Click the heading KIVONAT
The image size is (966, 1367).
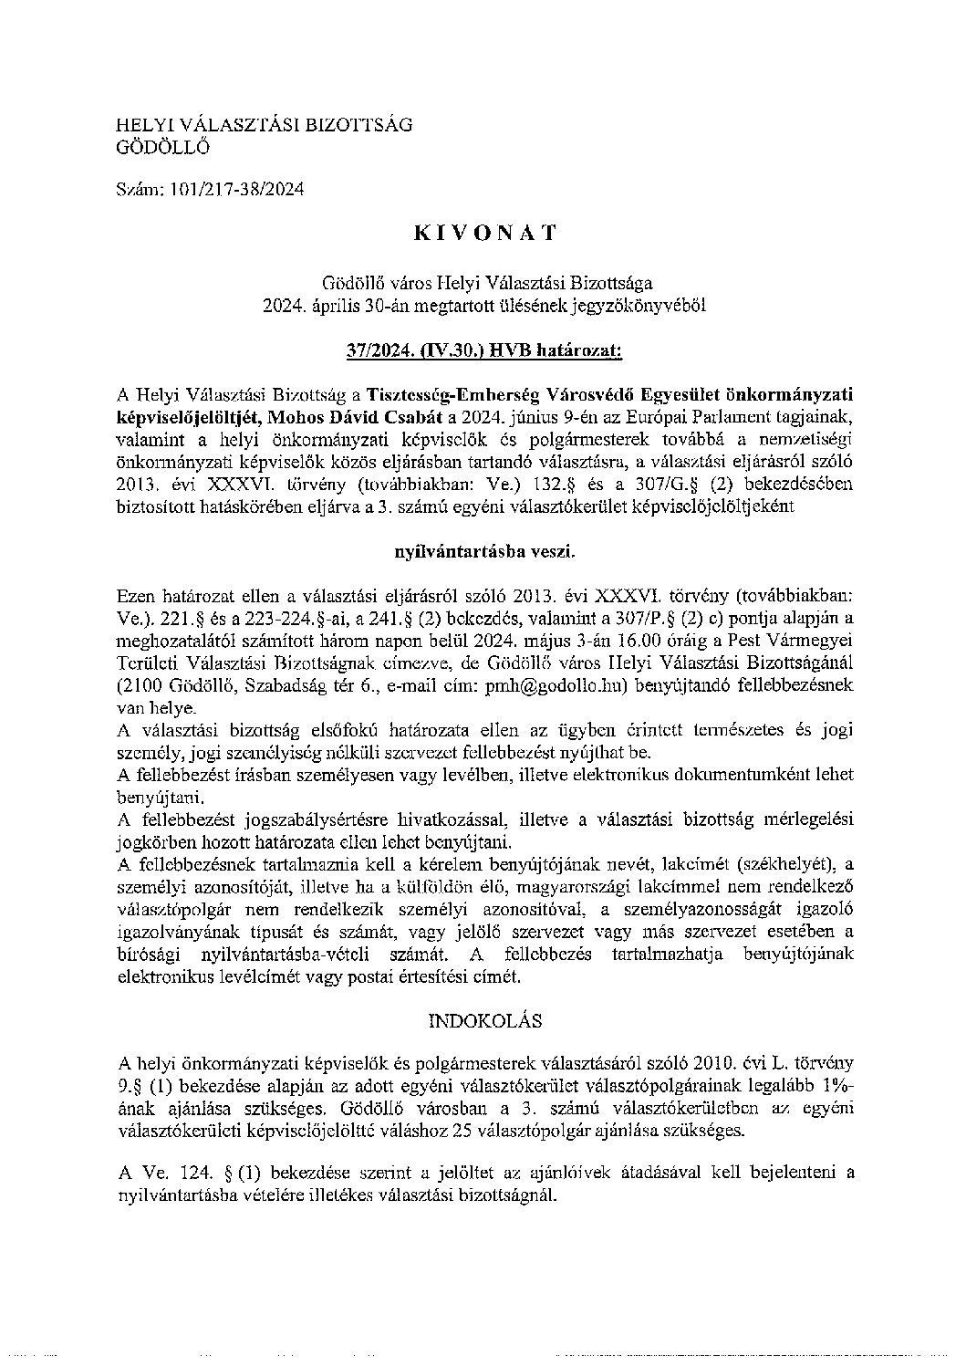[x=483, y=233]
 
